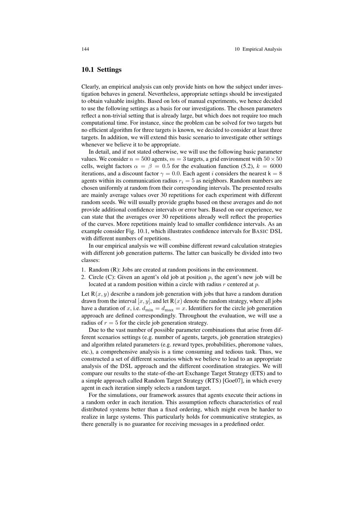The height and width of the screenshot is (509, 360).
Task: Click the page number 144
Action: point(85,49)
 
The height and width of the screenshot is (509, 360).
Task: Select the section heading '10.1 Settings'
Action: point(102,69)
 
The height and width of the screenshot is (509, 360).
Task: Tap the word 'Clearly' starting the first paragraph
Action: point(90,87)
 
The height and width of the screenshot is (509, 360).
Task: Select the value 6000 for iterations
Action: point(276,166)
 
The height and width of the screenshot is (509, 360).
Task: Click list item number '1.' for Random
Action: point(84,270)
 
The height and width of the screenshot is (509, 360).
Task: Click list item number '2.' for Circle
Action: point(84,277)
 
